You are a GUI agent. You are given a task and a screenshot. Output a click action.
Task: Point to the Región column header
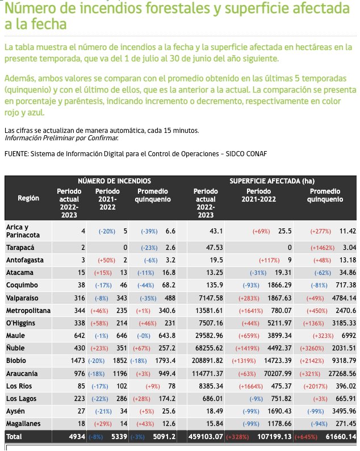(x=28, y=198)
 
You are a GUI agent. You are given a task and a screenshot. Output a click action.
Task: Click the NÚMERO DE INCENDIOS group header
(x=114, y=181)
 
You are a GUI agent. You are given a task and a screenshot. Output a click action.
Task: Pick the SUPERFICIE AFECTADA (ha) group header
(x=271, y=181)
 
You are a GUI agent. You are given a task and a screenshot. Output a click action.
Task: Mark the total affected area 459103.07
(x=205, y=436)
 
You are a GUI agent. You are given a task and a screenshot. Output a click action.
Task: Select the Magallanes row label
(x=24, y=424)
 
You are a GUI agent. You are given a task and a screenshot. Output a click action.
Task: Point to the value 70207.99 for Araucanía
(x=275, y=374)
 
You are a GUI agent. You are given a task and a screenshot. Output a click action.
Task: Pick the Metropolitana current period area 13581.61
(x=207, y=311)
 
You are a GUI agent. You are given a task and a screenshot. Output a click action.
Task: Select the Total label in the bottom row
(x=15, y=436)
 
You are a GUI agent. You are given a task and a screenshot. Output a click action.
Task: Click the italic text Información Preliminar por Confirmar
(x=61, y=138)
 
